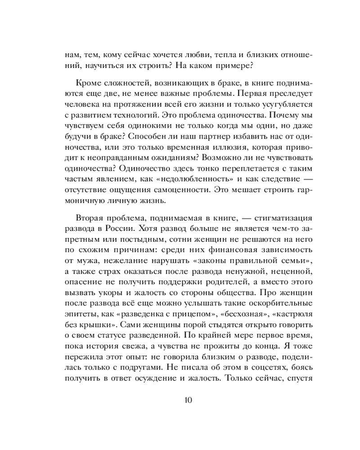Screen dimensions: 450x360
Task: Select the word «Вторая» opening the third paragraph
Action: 89,218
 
